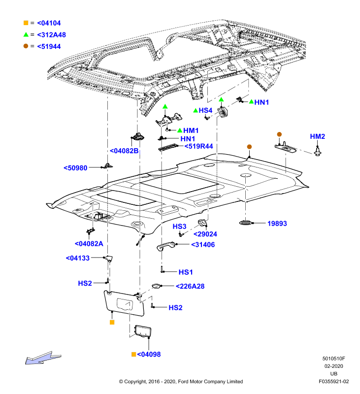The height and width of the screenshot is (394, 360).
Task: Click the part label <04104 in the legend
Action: tap(49, 23)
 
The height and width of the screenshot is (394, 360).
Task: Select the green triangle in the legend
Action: tap(26, 34)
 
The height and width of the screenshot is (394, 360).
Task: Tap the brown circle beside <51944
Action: tap(26, 46)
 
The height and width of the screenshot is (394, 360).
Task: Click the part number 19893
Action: tap(277, 224)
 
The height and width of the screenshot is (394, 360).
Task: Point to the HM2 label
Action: tap(317, 136)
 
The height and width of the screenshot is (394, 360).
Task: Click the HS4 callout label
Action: tap(205, 110)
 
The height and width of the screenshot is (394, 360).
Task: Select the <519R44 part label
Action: tap(199, 146)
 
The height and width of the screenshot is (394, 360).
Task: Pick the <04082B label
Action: tap(124, 151)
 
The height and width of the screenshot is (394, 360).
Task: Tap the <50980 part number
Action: tap(75, 168)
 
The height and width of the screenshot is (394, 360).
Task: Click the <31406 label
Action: tap(203, 245)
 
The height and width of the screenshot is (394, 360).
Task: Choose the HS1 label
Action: tap(185, 272)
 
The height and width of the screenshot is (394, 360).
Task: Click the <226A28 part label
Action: tap(190, 286)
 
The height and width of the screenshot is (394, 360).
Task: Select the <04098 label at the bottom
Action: tap(149, 354)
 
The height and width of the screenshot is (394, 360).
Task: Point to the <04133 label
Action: tap(78, 258)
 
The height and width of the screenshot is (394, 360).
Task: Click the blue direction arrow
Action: tap(42, 358)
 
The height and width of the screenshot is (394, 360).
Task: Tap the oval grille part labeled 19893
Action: tap(246, 223)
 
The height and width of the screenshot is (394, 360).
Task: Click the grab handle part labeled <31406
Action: tap(166, 246)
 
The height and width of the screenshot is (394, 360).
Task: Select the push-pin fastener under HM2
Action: tap(318, 152)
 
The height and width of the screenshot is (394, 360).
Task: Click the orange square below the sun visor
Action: tap(112, 322)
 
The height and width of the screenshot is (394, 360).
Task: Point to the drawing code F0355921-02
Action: tap(333, 381)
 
